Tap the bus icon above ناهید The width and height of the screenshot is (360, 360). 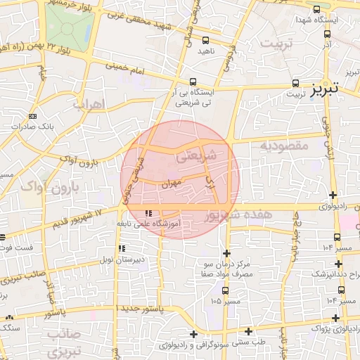point(205,41)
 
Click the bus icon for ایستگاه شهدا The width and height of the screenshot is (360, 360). point(316,10)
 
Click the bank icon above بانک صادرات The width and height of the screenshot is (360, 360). point(32,116)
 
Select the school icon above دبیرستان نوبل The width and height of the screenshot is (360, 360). point(122,248)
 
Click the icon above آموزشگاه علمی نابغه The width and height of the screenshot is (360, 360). point(148,212)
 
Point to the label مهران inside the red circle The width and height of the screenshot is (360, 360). point(171,185)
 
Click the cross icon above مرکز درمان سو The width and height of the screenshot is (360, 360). point(226,252)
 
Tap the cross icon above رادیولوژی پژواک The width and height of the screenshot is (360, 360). point(332,317)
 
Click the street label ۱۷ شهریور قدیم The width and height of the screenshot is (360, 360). point(77,220)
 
